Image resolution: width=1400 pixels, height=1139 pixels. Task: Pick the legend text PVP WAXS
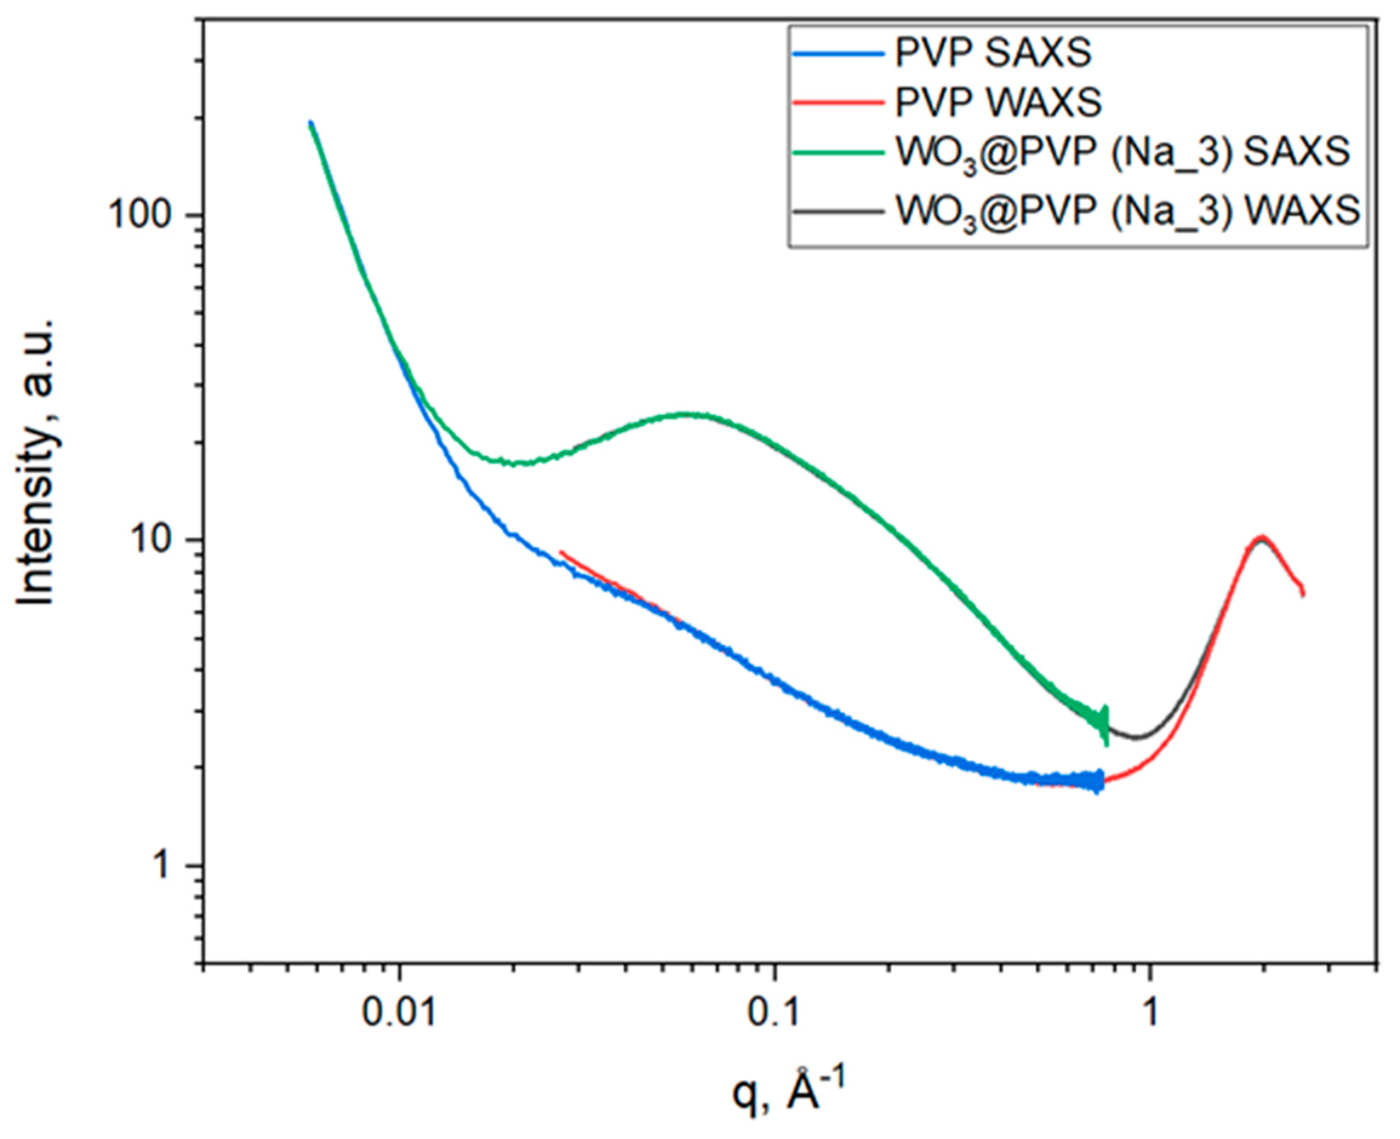pos(998,104)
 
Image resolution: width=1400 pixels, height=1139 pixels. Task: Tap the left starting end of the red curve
pos(562,553)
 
